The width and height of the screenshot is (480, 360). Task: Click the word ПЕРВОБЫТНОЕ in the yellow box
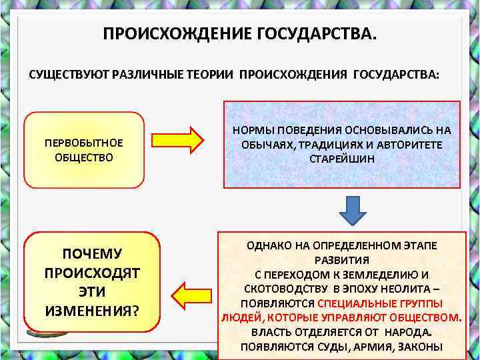coord(84,143)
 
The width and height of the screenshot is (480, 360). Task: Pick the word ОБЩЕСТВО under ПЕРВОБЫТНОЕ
coord(84,158)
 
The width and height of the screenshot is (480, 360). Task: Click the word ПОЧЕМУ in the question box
coord(92,254)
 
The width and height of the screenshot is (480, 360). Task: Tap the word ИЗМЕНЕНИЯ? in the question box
coord(92,310)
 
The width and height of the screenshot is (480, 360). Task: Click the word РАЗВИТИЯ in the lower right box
coord(342,260)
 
